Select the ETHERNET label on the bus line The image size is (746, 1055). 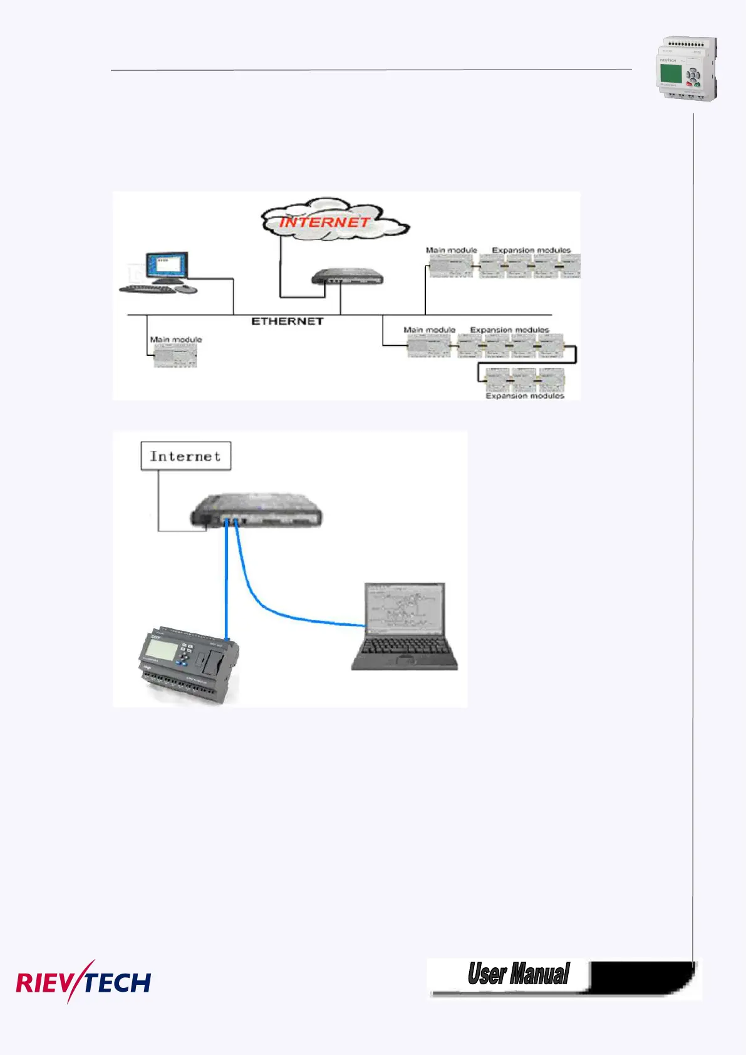[288, 321]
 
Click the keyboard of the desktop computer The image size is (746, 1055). [148, 289]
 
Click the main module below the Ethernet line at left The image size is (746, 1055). [175, 356]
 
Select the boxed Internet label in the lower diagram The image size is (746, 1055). [185, 456]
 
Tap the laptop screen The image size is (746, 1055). [406, 606]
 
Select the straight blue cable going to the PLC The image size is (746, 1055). [226, 583]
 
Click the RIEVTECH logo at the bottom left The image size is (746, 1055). [83, 982]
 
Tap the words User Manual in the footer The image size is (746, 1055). [519, 974]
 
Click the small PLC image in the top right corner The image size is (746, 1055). [686, 68]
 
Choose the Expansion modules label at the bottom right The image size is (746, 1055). [525, 396]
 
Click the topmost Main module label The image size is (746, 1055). [451, 250]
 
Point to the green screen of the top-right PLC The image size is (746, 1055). [671, 75]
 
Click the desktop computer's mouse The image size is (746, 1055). [186, 289]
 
